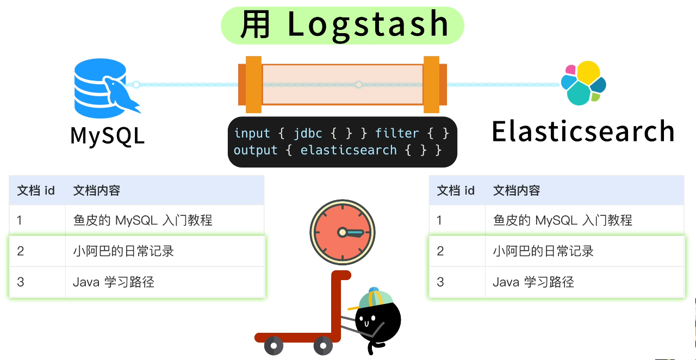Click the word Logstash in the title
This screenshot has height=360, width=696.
(368, 24)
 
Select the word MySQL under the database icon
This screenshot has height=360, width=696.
(108, 135)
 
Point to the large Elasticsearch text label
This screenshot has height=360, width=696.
(583, 132)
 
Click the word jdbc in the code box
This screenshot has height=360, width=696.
(308, 133)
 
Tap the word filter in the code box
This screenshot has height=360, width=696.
(397, 133)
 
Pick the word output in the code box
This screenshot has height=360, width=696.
(256, 150)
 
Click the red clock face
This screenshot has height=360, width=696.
(343, 232)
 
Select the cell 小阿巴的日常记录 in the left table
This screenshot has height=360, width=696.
(123, 251)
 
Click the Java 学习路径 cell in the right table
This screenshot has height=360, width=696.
(533, 282)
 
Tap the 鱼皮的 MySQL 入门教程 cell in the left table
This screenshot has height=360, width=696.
(142, 220)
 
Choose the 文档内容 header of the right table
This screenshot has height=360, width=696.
(517, 190)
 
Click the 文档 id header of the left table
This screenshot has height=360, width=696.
(36, 190)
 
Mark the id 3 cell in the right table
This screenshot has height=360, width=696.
(440, 282)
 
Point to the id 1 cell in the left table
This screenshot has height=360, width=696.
(20, 220)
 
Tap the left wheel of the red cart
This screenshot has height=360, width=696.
(274, 345)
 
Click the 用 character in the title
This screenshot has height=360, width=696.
(255, 25)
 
